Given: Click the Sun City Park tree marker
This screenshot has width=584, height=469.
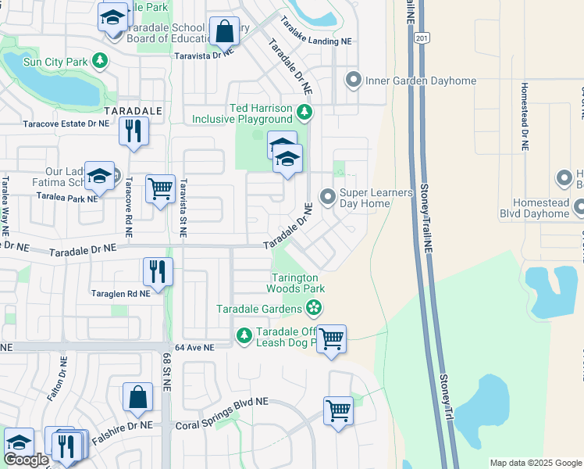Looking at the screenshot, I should click(x=99, y=60).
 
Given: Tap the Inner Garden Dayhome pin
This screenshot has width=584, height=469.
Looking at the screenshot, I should click(x=354, y=80).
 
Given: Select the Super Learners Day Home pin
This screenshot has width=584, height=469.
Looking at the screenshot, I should click(x=328, y=196).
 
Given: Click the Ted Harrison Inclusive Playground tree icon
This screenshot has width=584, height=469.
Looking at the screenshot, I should click(x=304, y=113).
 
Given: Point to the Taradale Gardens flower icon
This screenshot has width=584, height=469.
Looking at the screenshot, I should click(x=314, y=308).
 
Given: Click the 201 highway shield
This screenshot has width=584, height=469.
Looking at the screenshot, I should click(x=422, y=38).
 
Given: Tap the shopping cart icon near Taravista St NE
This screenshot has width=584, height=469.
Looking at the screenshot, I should click(x=160, y=188).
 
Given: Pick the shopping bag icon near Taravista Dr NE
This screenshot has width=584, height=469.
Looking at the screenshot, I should click(x=224, y=32).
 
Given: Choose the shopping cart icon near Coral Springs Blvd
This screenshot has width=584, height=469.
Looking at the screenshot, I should click(x=338, y=410).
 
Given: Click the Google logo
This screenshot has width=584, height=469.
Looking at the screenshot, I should click(x=25, y=460).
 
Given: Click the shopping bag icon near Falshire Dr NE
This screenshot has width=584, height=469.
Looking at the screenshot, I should click(x=137, y=396).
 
